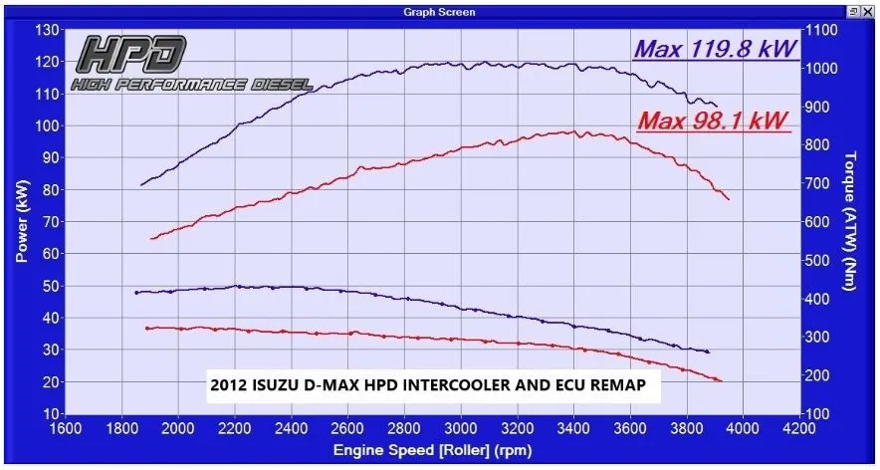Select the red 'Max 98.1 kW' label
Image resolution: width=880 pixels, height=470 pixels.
pos(713,121)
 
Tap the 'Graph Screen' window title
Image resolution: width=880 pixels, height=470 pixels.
pos(439,12)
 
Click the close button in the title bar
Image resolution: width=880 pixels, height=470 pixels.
pos(868,12)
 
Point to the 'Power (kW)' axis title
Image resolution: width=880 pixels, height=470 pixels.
pos(21,221)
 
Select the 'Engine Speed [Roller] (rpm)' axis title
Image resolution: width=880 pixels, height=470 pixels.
pos(432,451)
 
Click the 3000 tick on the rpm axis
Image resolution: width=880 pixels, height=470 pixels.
pos(461,429)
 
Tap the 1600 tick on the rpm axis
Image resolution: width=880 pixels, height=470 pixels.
pos(66,429)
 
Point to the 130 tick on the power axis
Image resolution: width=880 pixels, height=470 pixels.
pos(46,30)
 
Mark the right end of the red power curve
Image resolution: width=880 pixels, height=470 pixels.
pos(729,199)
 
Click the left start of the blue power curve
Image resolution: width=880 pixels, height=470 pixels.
pos(141,184)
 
